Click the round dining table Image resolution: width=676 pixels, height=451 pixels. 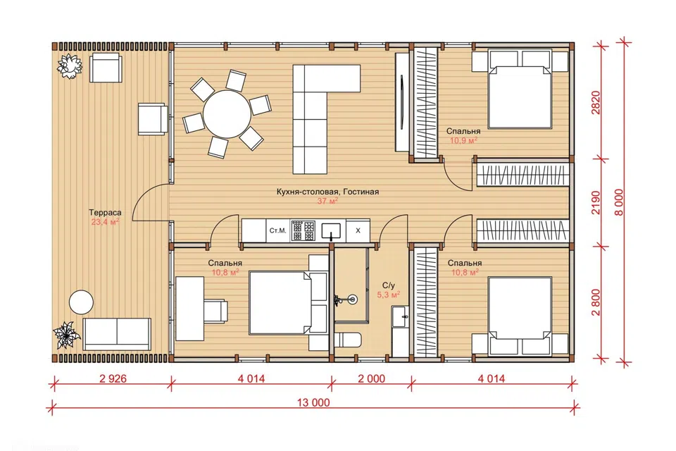(227, 114)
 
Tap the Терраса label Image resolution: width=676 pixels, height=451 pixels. (105, 212)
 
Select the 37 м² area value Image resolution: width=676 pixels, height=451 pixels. (327, 201)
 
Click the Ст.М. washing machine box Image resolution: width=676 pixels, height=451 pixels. (278, 230)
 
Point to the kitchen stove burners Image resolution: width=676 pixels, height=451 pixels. (303, 230)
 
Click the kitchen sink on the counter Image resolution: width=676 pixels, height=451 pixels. (331, 230)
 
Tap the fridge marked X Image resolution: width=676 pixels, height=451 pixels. (358, 230)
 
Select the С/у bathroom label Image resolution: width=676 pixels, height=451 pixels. (388, 285)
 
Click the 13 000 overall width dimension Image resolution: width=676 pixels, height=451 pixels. (313, 402)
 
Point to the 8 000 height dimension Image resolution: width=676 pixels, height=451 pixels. (619, 202)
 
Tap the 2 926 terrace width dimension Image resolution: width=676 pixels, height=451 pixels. (113, 378)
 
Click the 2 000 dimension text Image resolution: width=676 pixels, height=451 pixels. (372, 378)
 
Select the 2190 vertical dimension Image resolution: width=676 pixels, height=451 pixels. (596, 203)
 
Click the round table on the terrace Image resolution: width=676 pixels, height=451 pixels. (82, 302)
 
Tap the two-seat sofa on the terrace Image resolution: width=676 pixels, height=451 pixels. (117, 334)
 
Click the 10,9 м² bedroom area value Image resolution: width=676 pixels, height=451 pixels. (463, 141)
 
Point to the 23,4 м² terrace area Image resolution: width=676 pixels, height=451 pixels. (105, 222)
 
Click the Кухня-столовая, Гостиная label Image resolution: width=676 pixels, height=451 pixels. (327, 192)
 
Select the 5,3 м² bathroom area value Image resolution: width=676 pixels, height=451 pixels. (389, 295)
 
